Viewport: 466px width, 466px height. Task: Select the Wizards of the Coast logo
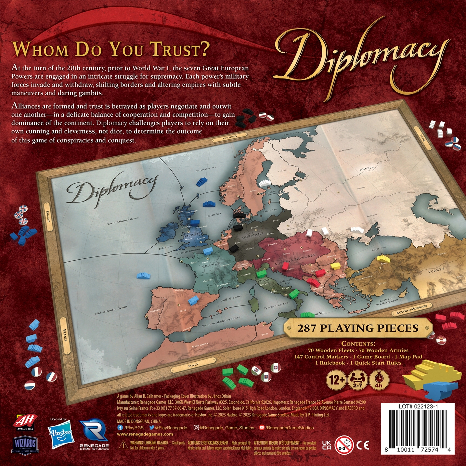point(25,444)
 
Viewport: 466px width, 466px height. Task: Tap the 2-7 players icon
point(357,380)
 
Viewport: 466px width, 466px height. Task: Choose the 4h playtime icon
point(379,380)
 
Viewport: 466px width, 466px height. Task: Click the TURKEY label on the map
point(436,271)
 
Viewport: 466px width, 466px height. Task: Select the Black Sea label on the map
point(379,249)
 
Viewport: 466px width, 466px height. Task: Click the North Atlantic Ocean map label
point(123,221)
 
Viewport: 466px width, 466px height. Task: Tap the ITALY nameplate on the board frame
point(194,365)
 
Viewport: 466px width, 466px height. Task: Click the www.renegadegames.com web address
point(145,434)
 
